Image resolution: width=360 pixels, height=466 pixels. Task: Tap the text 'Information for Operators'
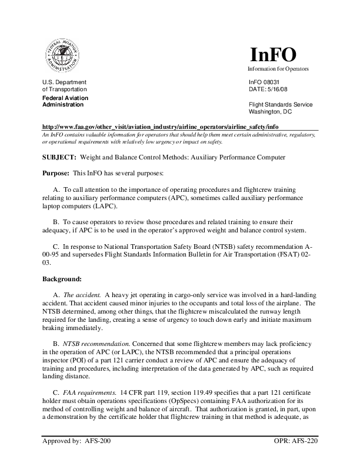tap(278, 69)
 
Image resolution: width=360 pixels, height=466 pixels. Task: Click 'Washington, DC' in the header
tap(271, 112)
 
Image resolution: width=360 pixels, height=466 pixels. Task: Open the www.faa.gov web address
tap(159, 127)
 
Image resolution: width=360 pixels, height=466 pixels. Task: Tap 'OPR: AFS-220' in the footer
tap(296, 457)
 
